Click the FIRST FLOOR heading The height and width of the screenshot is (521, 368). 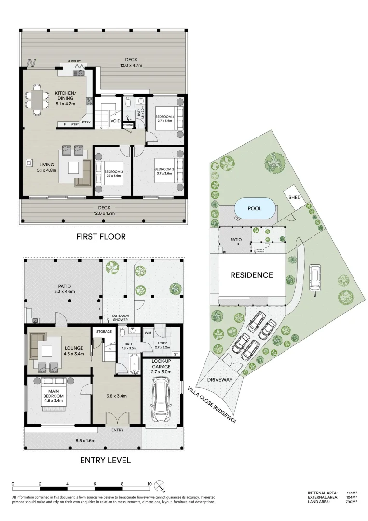(101, 237)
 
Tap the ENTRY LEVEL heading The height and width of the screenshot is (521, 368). (105, 460)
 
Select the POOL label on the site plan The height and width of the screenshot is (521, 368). (255, 209)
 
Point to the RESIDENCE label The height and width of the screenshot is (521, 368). (251, 275)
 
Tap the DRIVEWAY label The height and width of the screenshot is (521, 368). (220, 380)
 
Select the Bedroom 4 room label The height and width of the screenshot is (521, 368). (164, 118)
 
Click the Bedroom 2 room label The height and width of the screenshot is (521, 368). (164, 171)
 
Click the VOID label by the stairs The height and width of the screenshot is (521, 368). (115, 121)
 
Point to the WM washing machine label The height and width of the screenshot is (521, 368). (148, 332)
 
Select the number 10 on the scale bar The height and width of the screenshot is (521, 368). (150, 483)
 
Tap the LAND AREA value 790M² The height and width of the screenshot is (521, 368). (351, 502)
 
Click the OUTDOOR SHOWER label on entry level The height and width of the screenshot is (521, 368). (120, 318)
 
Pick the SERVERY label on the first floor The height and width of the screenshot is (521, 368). (74, 61)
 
